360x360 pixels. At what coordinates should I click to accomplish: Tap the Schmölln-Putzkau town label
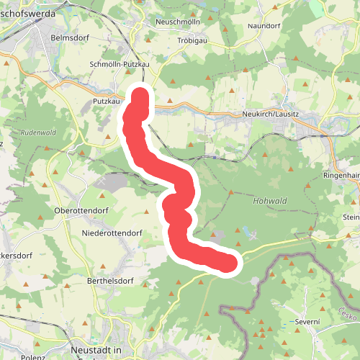tap(119, 64)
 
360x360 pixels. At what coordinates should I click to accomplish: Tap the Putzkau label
tap(106, 102)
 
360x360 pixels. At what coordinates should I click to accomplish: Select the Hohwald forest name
tap(270, 201)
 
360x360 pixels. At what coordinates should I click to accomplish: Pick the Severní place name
tap(306, 322)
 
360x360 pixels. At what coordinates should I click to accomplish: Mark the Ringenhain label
tap(341, 175)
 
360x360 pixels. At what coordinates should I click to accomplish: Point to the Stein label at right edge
tap(351, 217)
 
